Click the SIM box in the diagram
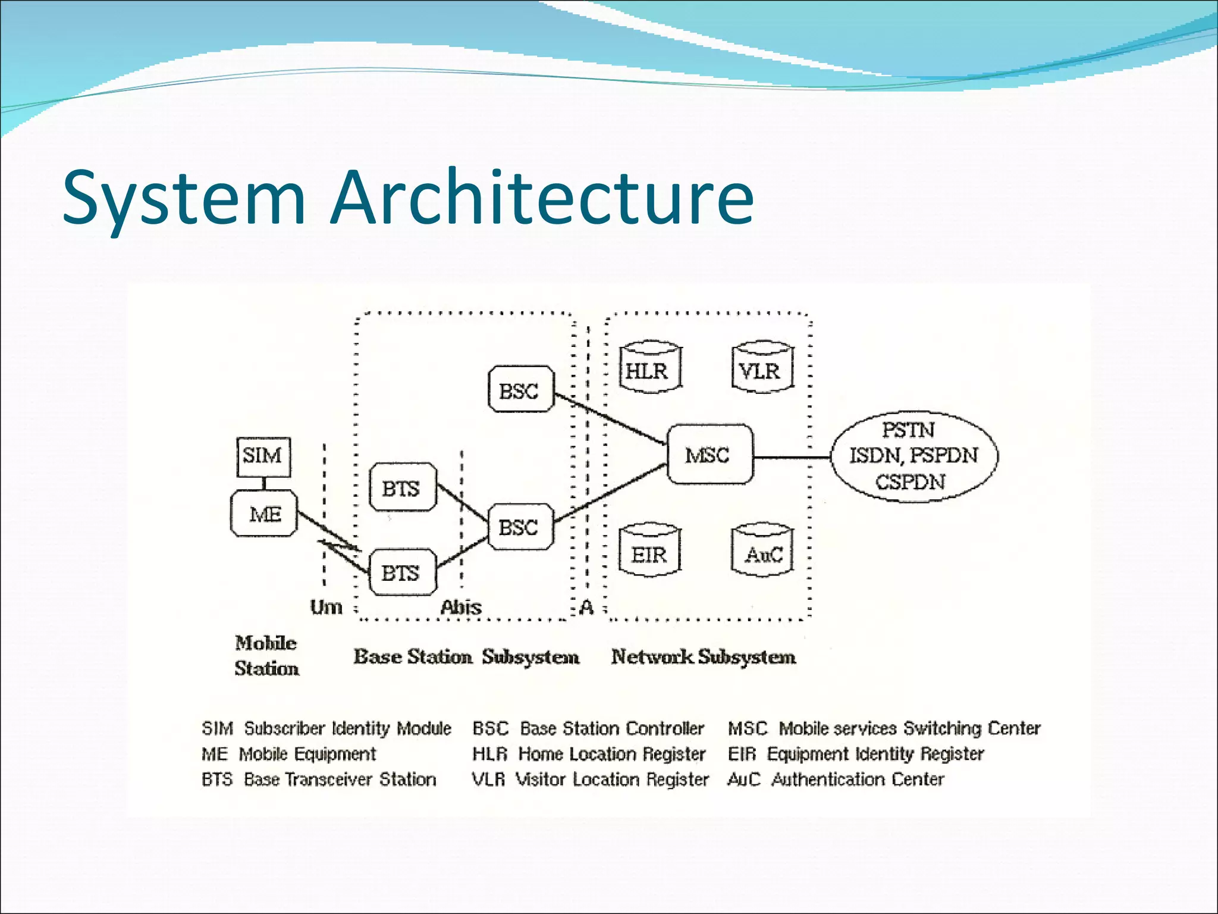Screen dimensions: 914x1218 pos(263,456)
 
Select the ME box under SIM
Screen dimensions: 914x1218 pos(264,514)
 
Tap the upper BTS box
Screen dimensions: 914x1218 pos(402,488)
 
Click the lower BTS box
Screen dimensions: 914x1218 pos(402,573)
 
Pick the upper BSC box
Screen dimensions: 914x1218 pos(520,390)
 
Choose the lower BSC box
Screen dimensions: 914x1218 pos(520,527)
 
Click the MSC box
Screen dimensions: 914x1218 pos(709,455)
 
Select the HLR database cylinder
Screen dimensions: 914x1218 pos(648,370)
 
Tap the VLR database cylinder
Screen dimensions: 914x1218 pos(761,370)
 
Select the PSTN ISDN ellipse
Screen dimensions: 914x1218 pos(913,456)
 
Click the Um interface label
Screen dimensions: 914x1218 pos(326,608)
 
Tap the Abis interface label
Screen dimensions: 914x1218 pos(461,608)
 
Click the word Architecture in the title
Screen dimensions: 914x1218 pos(542,198)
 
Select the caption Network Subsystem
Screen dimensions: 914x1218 pos(704,657)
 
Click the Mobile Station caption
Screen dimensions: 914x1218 pos(266,656)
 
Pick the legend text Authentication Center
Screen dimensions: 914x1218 pos(857,780)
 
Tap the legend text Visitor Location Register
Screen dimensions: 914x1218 pos(612,780)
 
